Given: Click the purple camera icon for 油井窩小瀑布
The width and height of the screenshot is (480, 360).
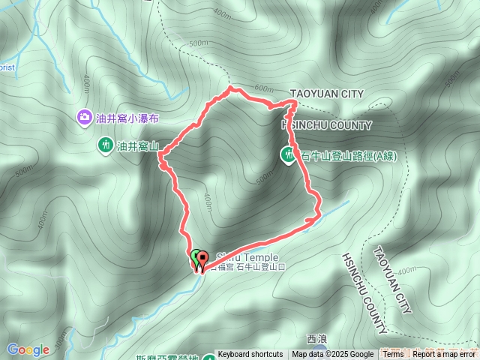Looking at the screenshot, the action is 84,118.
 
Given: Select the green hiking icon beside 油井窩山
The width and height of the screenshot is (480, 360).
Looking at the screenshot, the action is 104,144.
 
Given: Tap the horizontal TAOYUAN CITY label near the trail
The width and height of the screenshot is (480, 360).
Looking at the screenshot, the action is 326,94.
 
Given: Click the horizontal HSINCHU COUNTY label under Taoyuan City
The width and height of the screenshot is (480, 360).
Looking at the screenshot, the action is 326,124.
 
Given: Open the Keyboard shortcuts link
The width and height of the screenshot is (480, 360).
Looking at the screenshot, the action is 250,355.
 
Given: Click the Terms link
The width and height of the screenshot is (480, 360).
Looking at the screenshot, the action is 393,355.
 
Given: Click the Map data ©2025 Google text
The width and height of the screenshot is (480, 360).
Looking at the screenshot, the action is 332,355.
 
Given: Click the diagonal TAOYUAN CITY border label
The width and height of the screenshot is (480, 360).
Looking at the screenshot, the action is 392,280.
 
